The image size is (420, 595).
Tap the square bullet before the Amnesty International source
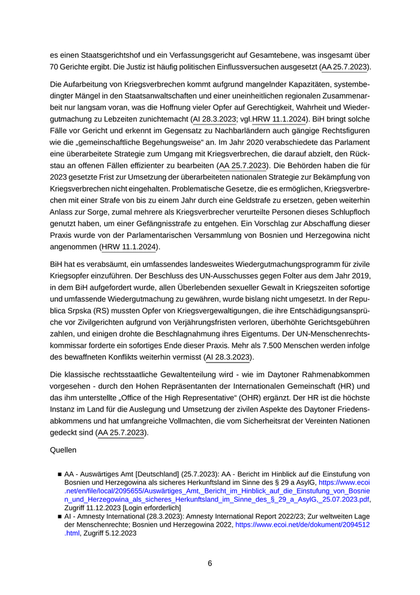click(x=60, y=516)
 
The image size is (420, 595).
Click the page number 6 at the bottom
click(x=210, y=563)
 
